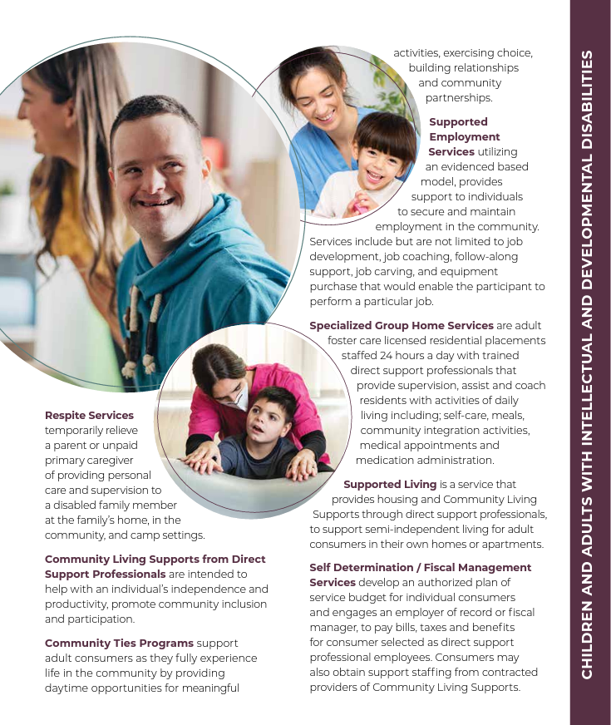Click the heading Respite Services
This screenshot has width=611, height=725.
click(x=89, y=415)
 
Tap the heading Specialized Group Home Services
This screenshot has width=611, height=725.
click(x=402, y=325)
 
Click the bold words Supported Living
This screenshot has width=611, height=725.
click(x=390, y=484)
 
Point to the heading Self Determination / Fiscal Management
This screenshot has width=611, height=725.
click(x=420, y=567)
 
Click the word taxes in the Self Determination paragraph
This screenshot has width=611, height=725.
click(x=431, y=627)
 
